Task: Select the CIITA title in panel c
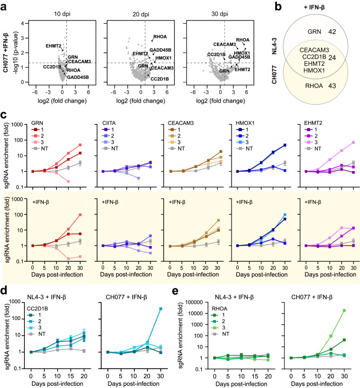[101, 122]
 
